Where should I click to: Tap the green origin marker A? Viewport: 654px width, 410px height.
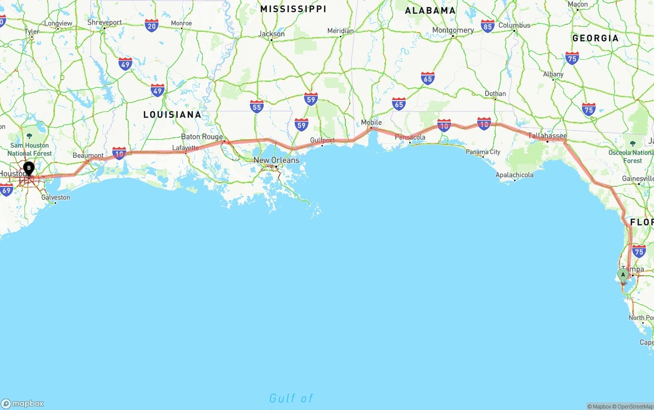coord(623,275)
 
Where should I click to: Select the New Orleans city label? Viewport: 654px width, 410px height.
coord(276,160)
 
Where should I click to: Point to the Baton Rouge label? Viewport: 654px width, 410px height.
coord(202,137)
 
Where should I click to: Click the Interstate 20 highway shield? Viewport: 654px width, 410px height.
coord(151,26)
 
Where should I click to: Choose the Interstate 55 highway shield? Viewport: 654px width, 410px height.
coord(256,106)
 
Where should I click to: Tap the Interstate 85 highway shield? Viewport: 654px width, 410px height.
coord(487,27)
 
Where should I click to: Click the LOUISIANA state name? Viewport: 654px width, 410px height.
coord(172,114)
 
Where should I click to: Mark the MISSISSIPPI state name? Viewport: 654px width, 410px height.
coord(293,9)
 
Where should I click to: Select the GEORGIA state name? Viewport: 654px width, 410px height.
coord(595,38)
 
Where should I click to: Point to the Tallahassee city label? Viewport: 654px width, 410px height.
coord(547,136)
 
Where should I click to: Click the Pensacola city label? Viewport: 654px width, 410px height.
coord(410,137)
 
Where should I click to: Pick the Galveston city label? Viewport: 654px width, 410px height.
coord(56,198)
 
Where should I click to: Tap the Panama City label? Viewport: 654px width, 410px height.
coord(483,152)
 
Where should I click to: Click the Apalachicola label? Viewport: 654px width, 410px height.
coord(514,175)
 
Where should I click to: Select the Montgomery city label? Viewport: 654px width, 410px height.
coord(453,30)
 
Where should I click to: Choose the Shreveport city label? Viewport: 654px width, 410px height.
coord(104,22)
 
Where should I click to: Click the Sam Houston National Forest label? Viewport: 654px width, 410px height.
coord(30,149)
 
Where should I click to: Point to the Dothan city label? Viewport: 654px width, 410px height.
coord(495,94)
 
